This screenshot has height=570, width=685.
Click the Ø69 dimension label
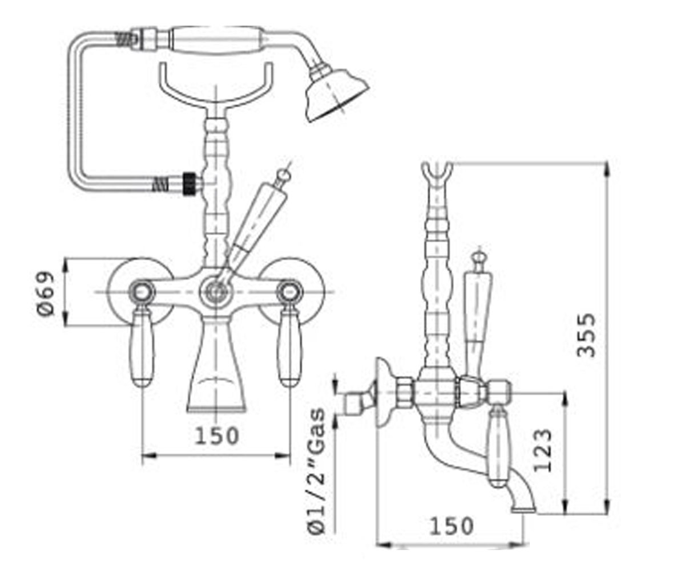[x=45, y=294]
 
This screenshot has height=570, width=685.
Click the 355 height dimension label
[x=586, y=336]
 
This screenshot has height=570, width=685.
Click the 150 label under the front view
[x=217, y=436]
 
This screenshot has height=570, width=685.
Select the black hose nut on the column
[x=190, y=184]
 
